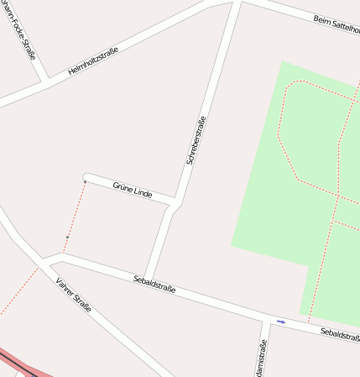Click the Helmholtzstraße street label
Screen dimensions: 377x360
coord(92,61)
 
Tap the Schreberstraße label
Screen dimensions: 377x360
coord(196,140)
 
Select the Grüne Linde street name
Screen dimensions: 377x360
coord(132,190)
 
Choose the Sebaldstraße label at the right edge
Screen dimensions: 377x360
coord(339,334)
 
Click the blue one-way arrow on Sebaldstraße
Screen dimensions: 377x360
coord(280,322)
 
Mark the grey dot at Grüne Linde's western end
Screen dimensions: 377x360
coord(85,181)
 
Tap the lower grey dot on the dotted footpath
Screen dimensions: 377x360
coord(67,238)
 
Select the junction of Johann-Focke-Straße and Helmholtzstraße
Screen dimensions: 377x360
coord(44,81)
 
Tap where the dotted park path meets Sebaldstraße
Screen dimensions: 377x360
coord(309,322)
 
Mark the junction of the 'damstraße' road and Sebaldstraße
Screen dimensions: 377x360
coord(263,318)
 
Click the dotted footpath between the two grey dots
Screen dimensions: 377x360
coord(76,210)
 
